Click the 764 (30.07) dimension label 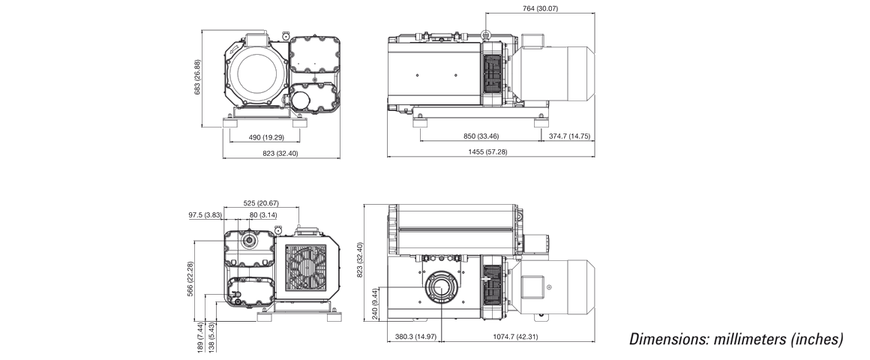(540, 8)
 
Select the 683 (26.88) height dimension (197, 77)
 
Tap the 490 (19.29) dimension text (265, 137)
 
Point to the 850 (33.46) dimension (481, 136)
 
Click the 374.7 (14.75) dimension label (569, 136)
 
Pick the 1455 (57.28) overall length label (487, 152)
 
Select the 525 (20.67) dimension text (261, 203)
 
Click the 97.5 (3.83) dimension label (205, 215)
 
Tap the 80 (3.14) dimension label (263, 215)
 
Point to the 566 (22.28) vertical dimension (190, 280)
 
